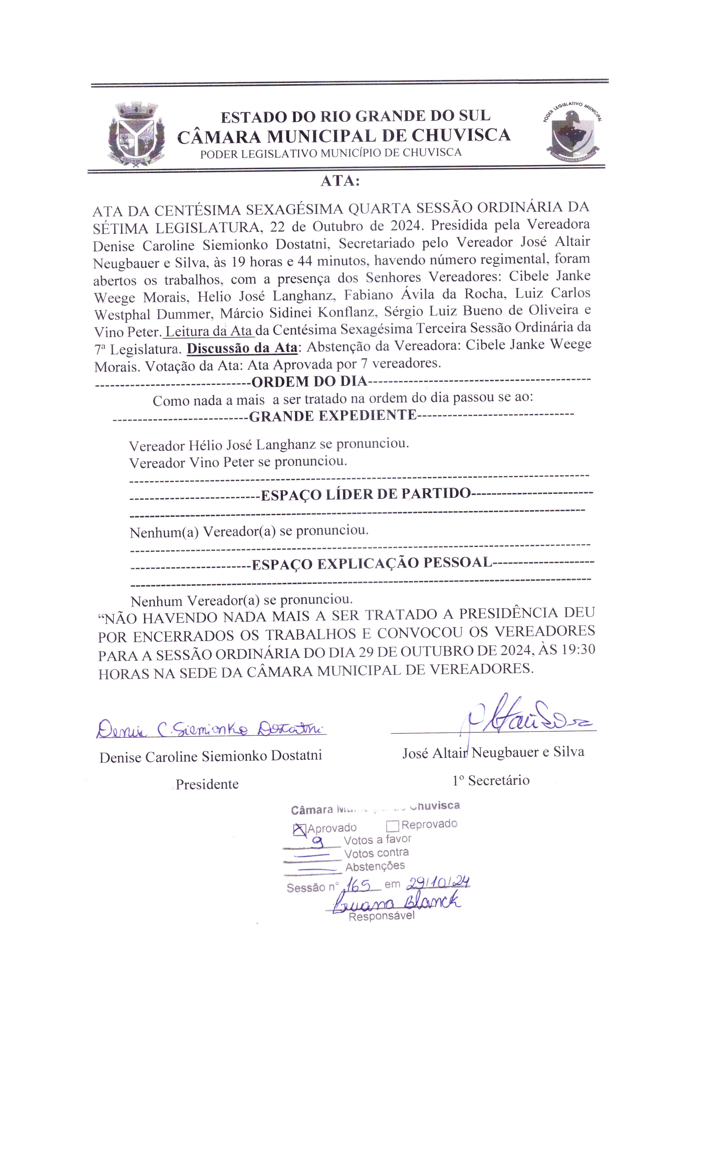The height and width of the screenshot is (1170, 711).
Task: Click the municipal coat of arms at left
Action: point(136,134)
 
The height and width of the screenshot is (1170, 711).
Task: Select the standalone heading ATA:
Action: point(340,181)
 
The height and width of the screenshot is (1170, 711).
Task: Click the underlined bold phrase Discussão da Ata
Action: point(242,348)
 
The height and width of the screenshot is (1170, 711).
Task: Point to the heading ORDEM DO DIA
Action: point(309,381)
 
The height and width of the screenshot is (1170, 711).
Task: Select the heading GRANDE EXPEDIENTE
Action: point(332,416)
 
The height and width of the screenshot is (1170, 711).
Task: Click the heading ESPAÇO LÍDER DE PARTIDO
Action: point(365,494)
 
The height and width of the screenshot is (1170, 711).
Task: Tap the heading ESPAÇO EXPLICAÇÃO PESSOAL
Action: point(371,564)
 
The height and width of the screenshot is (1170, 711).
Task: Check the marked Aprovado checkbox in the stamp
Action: point(299,829)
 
